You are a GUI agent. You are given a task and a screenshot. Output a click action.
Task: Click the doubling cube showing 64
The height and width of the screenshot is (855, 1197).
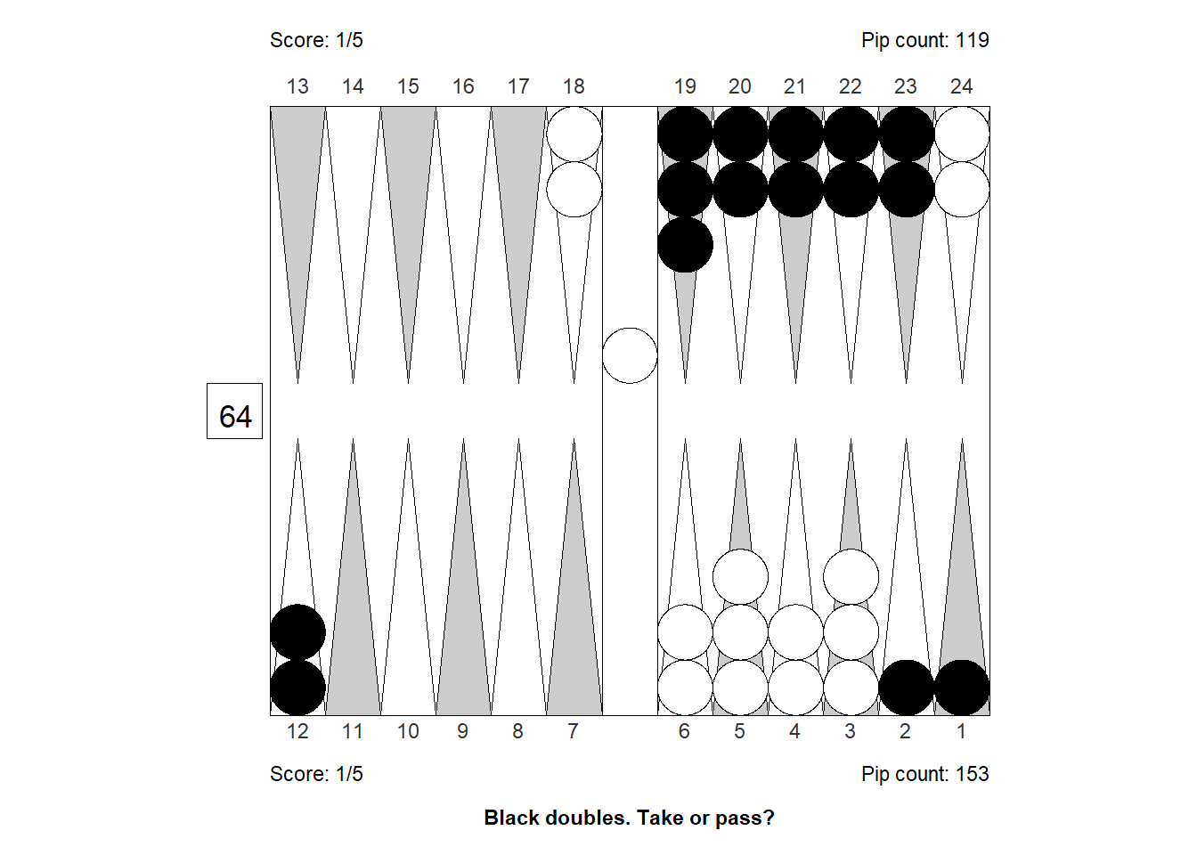pos(234,411)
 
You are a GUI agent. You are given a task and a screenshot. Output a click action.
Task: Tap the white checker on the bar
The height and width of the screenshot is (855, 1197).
pos(630,355)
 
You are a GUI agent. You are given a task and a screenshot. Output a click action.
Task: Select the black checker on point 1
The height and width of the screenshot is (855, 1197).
pos(962,688)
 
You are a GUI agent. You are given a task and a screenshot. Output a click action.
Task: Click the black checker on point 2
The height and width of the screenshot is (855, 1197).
pos(907,688)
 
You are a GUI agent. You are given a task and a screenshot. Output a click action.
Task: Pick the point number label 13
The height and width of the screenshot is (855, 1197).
pos(297,86)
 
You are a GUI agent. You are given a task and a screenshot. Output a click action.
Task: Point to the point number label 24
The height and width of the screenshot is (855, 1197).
pos(961,86)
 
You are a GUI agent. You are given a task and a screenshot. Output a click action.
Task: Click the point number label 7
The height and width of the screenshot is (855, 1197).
pos(573,730)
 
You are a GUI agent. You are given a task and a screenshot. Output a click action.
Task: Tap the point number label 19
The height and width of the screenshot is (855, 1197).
pos(685,86)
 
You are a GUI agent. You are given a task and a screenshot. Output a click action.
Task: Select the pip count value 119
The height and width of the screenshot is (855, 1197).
pos(972,40)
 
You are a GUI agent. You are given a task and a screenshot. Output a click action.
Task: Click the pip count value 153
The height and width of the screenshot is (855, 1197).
pos(972,774)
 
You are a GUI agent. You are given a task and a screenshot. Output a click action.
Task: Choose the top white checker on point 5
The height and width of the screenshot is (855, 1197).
pos(741,577)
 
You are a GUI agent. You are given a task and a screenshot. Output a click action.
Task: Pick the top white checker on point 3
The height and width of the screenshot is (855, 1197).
pos(851,577)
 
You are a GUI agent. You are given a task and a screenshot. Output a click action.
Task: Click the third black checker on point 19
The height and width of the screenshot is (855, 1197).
pos(686,245)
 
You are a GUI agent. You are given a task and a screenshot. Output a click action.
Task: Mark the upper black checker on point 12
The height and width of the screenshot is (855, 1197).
pos(297,632)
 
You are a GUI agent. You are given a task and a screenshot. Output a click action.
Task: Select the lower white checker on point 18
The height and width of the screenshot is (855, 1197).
pos(574,189)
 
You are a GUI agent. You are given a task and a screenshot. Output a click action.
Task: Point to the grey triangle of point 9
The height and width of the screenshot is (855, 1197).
pos(463,577)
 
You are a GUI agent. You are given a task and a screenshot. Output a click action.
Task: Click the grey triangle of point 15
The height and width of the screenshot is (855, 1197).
pos(408,245)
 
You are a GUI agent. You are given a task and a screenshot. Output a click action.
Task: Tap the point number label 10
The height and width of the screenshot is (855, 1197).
pos(408,730)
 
